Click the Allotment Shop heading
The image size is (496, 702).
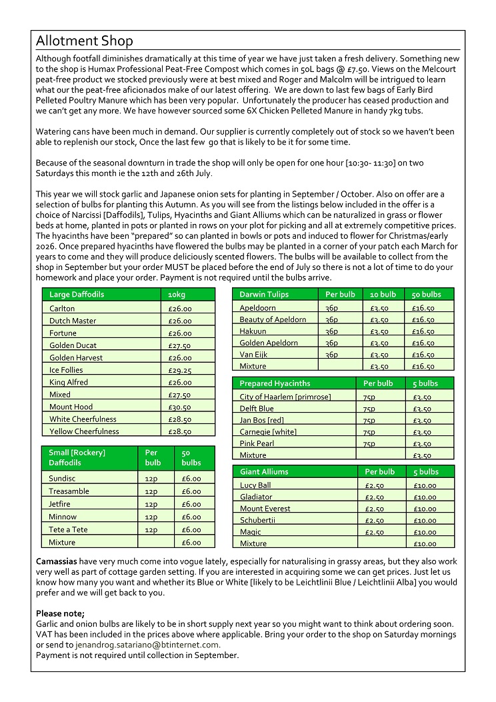click(x=84, y=41)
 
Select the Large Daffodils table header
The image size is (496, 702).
click(x=77, y=294)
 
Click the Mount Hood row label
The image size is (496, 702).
click(x=71, y=407)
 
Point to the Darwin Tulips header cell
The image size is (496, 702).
click(x=265, y=294)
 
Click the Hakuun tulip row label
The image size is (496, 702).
click(x=253, y=331)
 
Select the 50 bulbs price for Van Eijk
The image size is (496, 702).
click(x=423, y=355)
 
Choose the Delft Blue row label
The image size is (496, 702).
click(x=257, y=409)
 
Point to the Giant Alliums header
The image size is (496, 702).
click(x=264, y=471)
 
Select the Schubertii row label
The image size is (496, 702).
click(x=258, y=520)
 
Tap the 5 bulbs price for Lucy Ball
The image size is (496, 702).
click(x=425, y=486)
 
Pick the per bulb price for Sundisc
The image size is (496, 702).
click(x=151, y=479)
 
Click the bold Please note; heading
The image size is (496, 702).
click(x=60, y=613)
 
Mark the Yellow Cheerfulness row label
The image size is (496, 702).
click(x=84, y=431)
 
